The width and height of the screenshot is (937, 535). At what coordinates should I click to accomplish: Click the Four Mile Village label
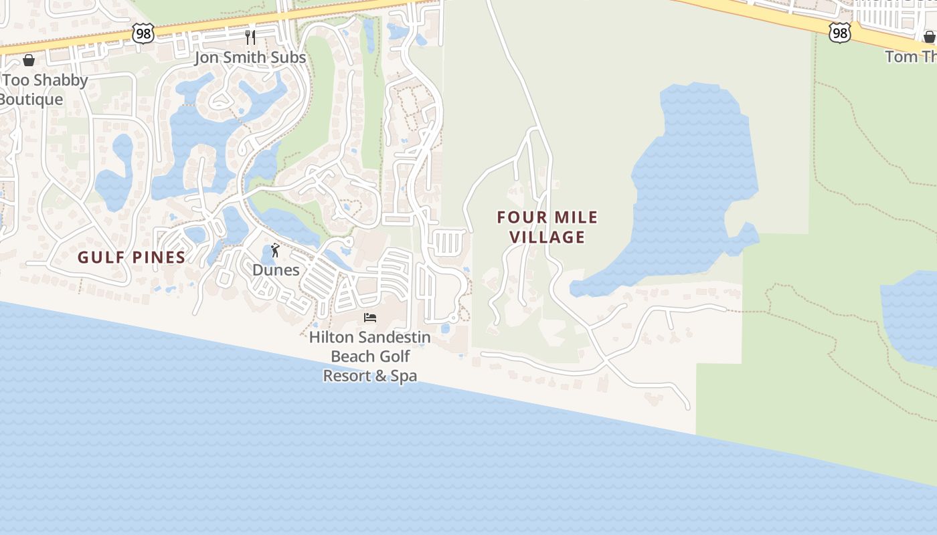click(547, 227)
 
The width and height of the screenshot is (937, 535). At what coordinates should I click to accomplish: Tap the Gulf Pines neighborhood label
click(131, 257)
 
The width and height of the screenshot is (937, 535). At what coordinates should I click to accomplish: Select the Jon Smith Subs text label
click(250, 58)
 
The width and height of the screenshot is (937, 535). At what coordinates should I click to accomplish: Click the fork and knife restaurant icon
click(250, 37)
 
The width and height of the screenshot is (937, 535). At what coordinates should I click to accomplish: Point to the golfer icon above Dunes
click(275, 251)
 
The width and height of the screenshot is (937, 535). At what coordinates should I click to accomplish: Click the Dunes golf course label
click(276, 270)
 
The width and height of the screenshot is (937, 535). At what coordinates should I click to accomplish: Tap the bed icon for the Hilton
click(370, 317)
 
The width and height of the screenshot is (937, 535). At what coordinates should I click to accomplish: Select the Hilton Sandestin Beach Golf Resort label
click(370, 356)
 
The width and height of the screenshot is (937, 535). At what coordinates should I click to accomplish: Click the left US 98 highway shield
click(143, 33)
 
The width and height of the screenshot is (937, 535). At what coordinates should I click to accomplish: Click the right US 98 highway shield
click(839, 33)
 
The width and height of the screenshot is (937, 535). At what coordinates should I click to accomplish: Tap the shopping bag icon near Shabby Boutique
click(29, 61)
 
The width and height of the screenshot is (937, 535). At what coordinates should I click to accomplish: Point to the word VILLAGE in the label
click(547, 237)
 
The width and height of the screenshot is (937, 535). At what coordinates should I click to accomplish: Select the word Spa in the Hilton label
click(404, 376)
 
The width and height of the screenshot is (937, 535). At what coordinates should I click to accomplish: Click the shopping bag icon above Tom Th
click(929, 37)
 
